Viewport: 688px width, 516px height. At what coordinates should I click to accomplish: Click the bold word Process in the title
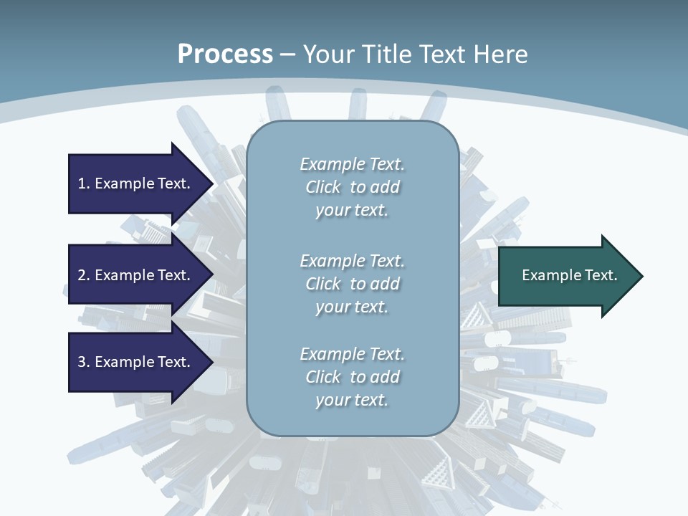click(225, 54)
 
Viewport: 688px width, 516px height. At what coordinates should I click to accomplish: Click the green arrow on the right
click(566, 276)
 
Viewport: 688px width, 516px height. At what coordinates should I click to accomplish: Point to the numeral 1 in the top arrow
click(82, 183)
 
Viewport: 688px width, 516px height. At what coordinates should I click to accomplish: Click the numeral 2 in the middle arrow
click(82, 275)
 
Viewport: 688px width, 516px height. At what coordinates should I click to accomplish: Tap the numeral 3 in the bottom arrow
click(82, 362)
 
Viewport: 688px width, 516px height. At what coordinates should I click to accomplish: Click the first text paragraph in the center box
click(352, 187)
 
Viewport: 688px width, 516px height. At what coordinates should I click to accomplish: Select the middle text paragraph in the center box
click(352, 284)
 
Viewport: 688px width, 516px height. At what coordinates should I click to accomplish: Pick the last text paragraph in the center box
click(352, 377)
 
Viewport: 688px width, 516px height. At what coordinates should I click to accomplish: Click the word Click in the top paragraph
click(323, 187)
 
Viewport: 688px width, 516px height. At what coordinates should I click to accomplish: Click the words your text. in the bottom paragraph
click(352, 400)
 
